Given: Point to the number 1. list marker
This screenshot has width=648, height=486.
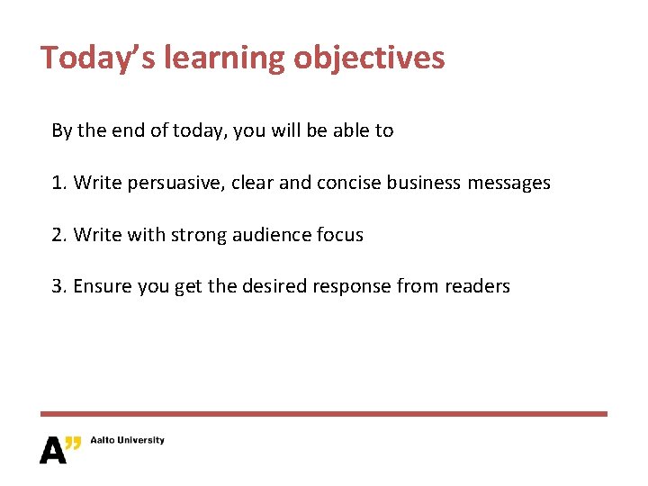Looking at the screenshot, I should coord(59,183).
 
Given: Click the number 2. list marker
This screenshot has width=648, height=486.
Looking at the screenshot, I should coord(59,235).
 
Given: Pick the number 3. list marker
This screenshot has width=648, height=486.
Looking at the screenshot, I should coord(59,287).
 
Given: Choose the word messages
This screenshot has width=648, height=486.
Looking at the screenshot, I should coord(508,183).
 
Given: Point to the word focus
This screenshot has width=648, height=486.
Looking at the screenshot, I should coord(340,235).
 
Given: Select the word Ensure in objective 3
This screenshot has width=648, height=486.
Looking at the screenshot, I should coord(100,287).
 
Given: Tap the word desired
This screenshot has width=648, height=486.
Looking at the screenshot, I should coord(276,287).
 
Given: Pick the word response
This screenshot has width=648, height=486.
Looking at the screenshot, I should coord(346,287).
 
